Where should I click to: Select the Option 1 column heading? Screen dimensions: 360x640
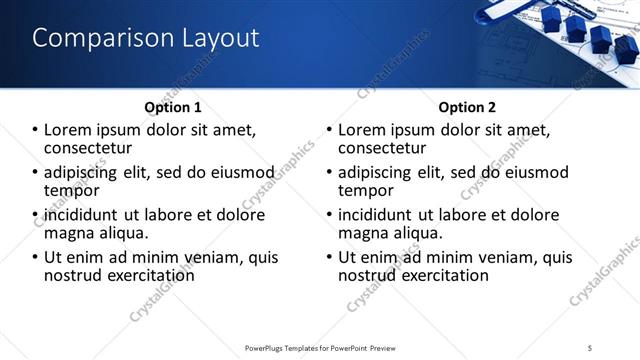pyautogui.click(x=173, y=107)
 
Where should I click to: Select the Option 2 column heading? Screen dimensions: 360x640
pyautogui.click(x=466, y=107)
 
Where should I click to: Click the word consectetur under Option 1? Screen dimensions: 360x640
pyautogui.click(x=89, y=147)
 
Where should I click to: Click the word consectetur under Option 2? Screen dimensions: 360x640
pyautogui.click(x=383, y=147)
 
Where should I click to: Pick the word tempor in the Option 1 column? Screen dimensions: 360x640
pyautogui.click(x=72, y=190)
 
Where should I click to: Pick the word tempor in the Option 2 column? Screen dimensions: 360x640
pyautogui.click(x=366, y=190)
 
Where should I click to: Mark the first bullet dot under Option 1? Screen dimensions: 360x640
pyautogui.click(x=36, y=130)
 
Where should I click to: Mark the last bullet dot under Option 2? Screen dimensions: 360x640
pyautogui.click(x=330, y=257)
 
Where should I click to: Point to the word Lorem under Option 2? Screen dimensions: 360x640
pyautogui.click(x=362, y=130)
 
